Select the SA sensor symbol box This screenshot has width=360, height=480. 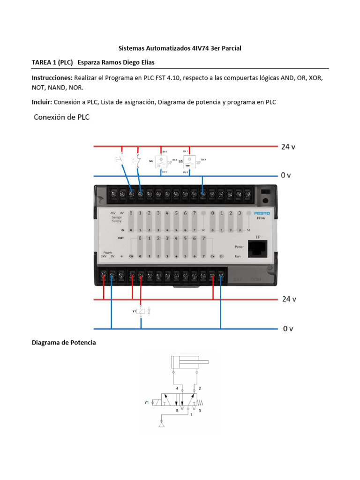click(x=160, y=162)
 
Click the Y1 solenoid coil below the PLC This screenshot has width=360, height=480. click(x=141, y=310)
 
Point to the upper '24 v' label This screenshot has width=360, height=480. click(x=288, y=146)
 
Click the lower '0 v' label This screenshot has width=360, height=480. click(x=288, y=329)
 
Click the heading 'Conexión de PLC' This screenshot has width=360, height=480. click(x=61, y=117)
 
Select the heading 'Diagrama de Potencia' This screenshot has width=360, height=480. click(x=64, y=343)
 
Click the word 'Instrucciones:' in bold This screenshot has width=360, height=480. click(x=52, y=77)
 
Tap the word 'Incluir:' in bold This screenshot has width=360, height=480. click(x=42, y=102)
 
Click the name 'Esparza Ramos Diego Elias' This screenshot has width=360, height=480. click(x=116, y=62)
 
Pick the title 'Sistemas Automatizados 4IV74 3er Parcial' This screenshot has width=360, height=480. click(x=180, y=48)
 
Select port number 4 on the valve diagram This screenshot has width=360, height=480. click(x=177, y=389)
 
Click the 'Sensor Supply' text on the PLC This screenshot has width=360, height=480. click(x=116, y=218)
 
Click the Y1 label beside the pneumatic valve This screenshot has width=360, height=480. click(x=147, y=402)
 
